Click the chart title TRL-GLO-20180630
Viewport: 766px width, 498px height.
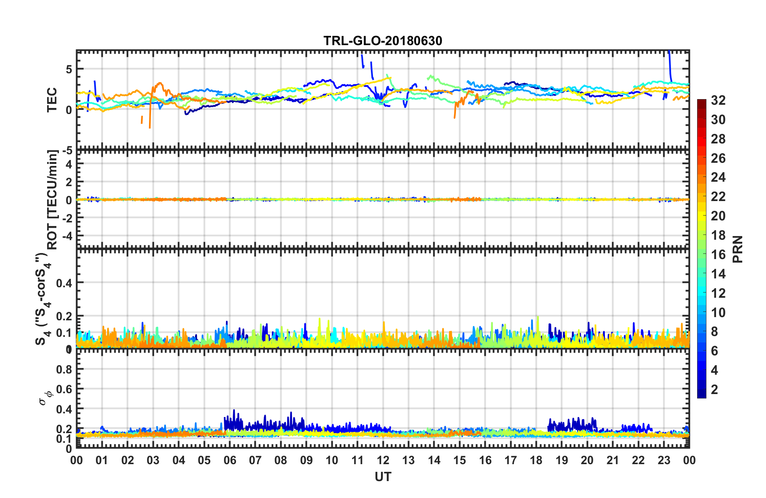point(383,41)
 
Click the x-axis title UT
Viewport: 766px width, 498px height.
point(383,477)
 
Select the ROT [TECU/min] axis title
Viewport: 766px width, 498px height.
point(53,199)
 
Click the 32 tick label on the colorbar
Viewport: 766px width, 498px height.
point(718,100)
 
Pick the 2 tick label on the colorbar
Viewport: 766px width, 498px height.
point(714,389)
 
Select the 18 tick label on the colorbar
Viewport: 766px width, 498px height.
point(718,235)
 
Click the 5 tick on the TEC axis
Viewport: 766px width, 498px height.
point(69,69)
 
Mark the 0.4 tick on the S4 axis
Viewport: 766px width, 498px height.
point(64,283)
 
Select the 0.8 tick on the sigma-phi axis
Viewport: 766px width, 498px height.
point(64,369)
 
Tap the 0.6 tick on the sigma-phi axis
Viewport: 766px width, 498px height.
point(64,389)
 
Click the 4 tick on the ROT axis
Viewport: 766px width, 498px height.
point(69,164)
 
